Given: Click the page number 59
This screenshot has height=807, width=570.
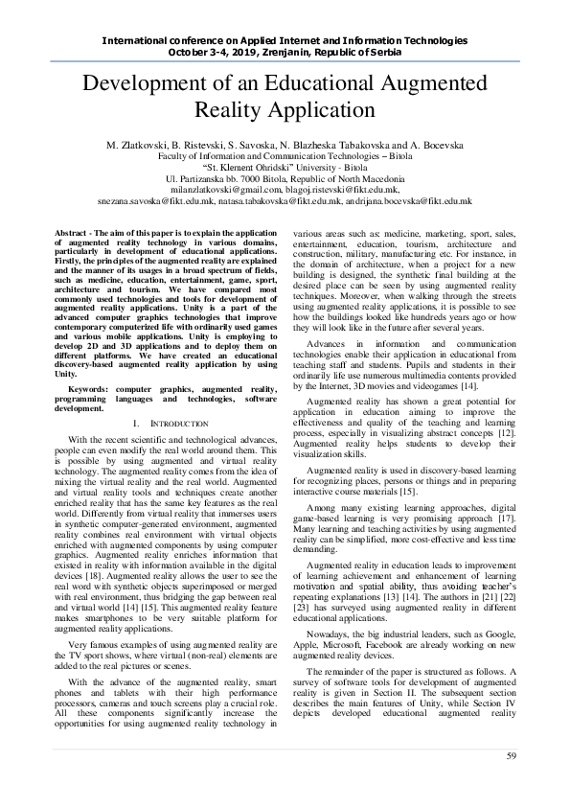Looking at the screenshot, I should tap(513, 758).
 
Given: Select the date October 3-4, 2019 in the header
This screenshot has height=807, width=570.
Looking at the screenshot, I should tap(219, 52).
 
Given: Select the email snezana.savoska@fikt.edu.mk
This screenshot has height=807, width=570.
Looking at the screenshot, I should tap(156, 202).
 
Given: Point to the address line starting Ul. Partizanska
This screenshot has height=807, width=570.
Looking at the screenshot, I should tap(285, 179).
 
